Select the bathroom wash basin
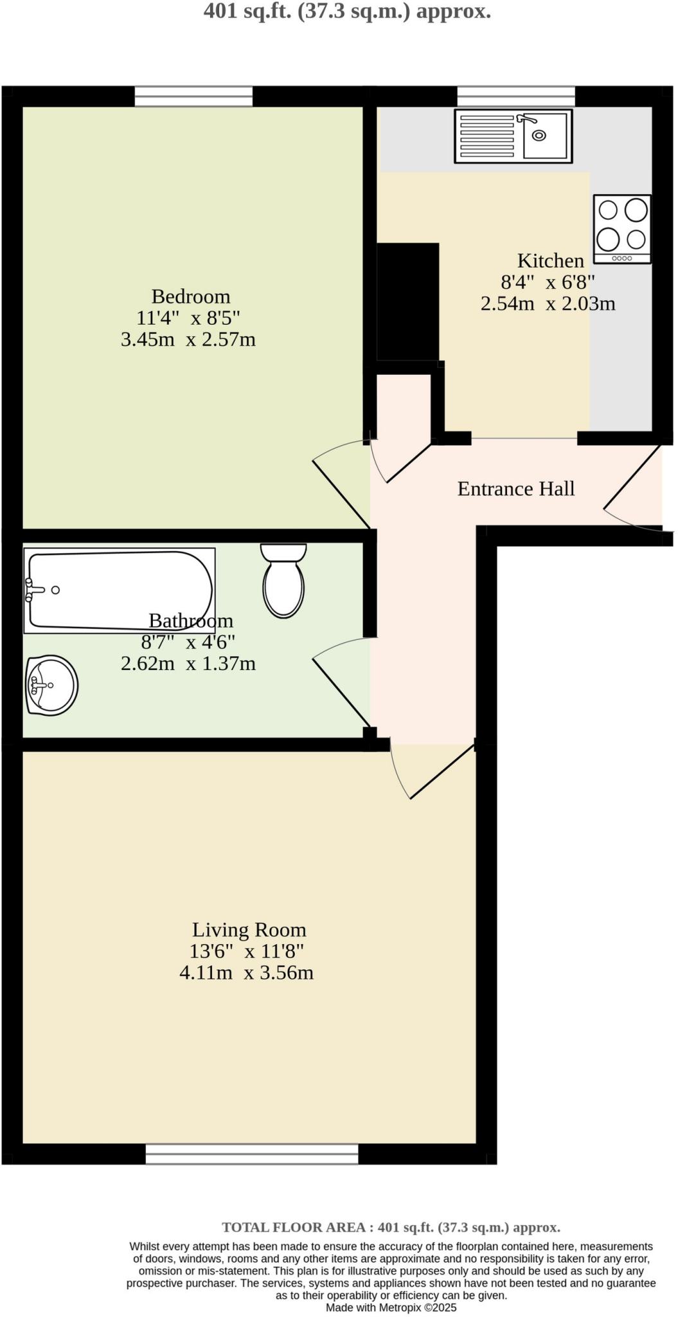[x=51, y=685]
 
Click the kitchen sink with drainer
[x=513, y=136]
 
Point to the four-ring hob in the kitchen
[x=622, y=229]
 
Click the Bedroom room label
[x=191, y=296]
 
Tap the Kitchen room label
[x=551, y=261]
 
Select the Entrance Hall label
[x=516, y=489]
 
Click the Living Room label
[x=249, y=930]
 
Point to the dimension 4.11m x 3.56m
[x=246, y=972]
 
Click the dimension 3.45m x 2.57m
[x=188, y=339]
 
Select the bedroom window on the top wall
[x=193, y=96]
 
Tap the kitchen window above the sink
[x=516, y=96]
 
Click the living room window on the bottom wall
[x=251, y=1154]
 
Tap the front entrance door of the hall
[x=633, y=489]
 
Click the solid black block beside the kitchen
[x=407, y=302]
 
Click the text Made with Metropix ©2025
[x=391, y=1308]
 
